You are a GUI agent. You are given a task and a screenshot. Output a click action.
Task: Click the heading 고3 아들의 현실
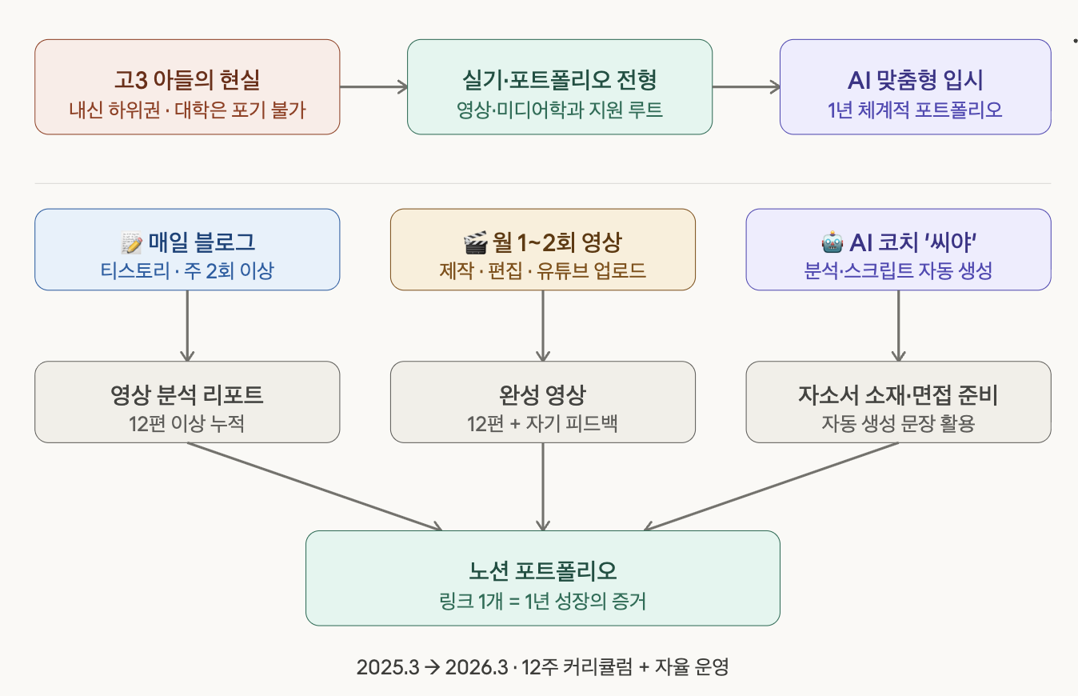pyautogui.click(x=187, y=80)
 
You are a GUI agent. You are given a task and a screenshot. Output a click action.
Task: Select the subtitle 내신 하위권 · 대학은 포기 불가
pyautogui.click(x=187, y=109)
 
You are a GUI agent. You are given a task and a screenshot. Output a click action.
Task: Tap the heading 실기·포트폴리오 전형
pyautogui.click(x=559, y=80)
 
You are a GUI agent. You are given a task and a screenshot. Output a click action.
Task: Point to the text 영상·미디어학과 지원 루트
pyautogui.click(x=559, y=109)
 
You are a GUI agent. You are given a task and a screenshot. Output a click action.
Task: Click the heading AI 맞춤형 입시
pyautogui.click(x=915, y=80)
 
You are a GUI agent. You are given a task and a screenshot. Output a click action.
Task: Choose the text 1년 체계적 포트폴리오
pyautogui.click(x=915, y=109)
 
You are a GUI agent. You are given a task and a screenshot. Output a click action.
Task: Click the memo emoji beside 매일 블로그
pyautogui.click(x=130, y=242)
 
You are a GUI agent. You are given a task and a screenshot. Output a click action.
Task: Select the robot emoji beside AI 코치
pyautogui.click(x=832, y=242)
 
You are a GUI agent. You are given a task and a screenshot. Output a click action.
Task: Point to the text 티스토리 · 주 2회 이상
pyautogui.click(x=187, y=270)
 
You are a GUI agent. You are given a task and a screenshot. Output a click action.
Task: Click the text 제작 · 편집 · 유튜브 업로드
pyautogui.click(x=542, y=270)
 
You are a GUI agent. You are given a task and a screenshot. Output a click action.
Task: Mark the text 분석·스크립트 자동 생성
pyautogui.click(x=898, y=270)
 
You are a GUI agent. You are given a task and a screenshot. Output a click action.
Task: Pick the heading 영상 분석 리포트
pyautogui.click(x=187, y=394)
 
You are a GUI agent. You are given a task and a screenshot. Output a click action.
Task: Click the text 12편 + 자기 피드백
pyautogui.click(x=542, y=423)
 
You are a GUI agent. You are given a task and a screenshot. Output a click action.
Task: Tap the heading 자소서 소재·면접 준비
pyautogui.click(x=898, y=394)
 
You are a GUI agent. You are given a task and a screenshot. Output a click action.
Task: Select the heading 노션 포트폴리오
pyautogui.click(x=542, y=571)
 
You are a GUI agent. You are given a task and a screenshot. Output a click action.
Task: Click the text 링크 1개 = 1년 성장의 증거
pyautogui.click(x=542, y=600)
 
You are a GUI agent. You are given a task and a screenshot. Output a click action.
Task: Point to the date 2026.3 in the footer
pyautogui.click(x=474, y=666)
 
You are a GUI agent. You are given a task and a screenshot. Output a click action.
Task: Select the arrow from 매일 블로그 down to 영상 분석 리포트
pyautogui.click(x=187, y=325)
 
